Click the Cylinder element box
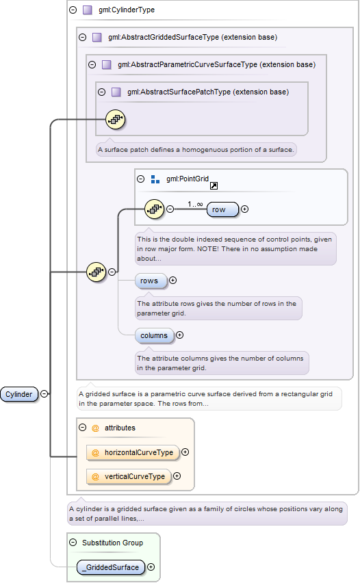coord(19,394)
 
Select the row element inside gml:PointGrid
coord(222,209)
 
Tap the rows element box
coord(151,281)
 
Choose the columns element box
coord(155,335)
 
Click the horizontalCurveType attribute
coord(133,452)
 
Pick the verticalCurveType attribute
coord(129,476)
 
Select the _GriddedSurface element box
coord(111,567)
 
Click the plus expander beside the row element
coord(245,209)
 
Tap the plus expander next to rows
coord(173,281)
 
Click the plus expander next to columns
coord(179,335)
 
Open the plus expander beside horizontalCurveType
coord(185,452)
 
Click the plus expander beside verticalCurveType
coord(177,476)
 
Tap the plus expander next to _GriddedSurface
coord(151,567)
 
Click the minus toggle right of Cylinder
coord(44,393)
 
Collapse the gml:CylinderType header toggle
coord(73,10)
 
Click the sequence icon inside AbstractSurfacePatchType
coord(115,119)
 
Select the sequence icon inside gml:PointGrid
coord(154,209)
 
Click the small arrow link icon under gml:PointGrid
coord(214,186)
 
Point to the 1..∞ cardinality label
coord(195,204)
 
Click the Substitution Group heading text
coord(113,543)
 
